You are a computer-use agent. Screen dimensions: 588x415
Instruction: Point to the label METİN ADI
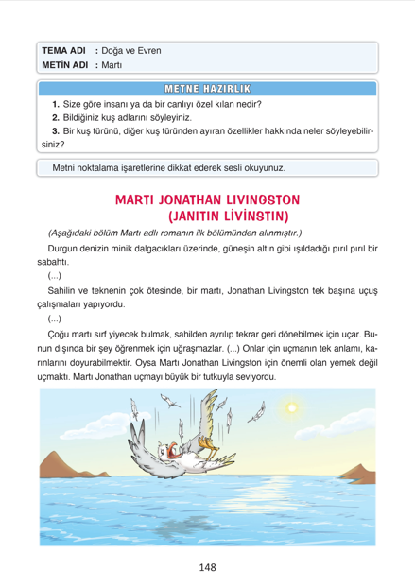click(65, 65)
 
